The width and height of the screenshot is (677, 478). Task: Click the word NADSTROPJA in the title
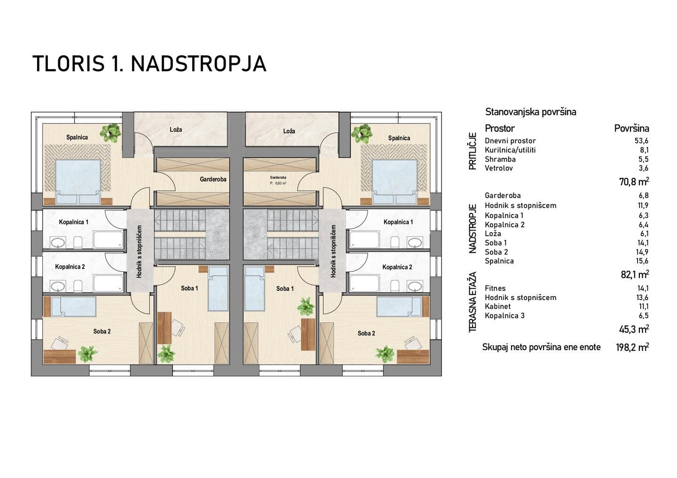point(198,64)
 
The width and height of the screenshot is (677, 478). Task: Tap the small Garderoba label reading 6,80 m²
point(278,183)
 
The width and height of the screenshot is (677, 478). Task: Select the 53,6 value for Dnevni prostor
point(642,140)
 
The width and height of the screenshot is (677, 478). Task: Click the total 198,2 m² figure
point(632,347)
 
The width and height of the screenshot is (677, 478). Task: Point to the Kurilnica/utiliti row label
point(510,150)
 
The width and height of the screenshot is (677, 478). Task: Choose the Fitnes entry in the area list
point(495,288)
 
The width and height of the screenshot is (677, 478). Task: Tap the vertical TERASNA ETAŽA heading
point(472,302)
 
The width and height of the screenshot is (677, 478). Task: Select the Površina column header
point(632,128)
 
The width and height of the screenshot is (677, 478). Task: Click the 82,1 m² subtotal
point(634,275)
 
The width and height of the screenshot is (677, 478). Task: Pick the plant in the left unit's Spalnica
point(110,132)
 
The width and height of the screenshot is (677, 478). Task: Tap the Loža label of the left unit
point(176,130)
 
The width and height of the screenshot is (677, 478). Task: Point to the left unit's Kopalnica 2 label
point(70,267)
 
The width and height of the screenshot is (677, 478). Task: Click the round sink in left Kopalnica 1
point(57,242)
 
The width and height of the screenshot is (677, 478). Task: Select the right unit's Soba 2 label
point(366,333)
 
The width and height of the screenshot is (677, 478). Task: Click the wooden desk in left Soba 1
point(165,328)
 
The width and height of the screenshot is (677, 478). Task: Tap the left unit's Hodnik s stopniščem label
point(139,252)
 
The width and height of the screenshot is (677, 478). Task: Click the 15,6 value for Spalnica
point(642,261)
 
